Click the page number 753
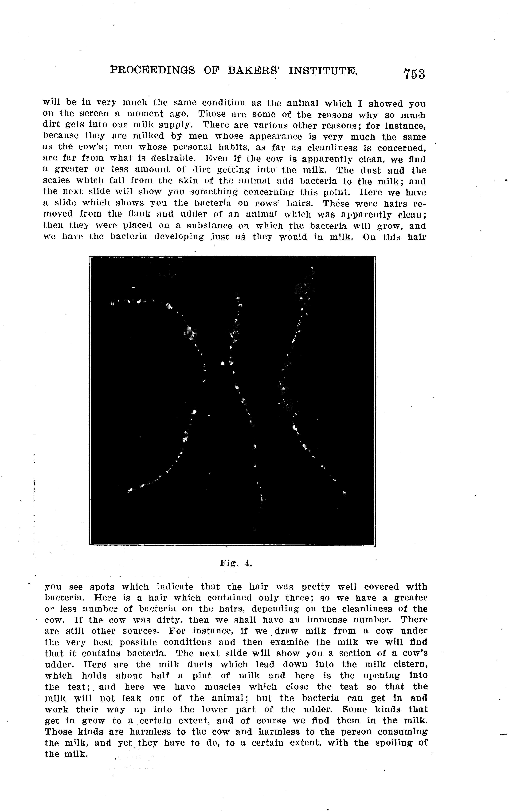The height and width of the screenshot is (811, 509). (x=414, y=74)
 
